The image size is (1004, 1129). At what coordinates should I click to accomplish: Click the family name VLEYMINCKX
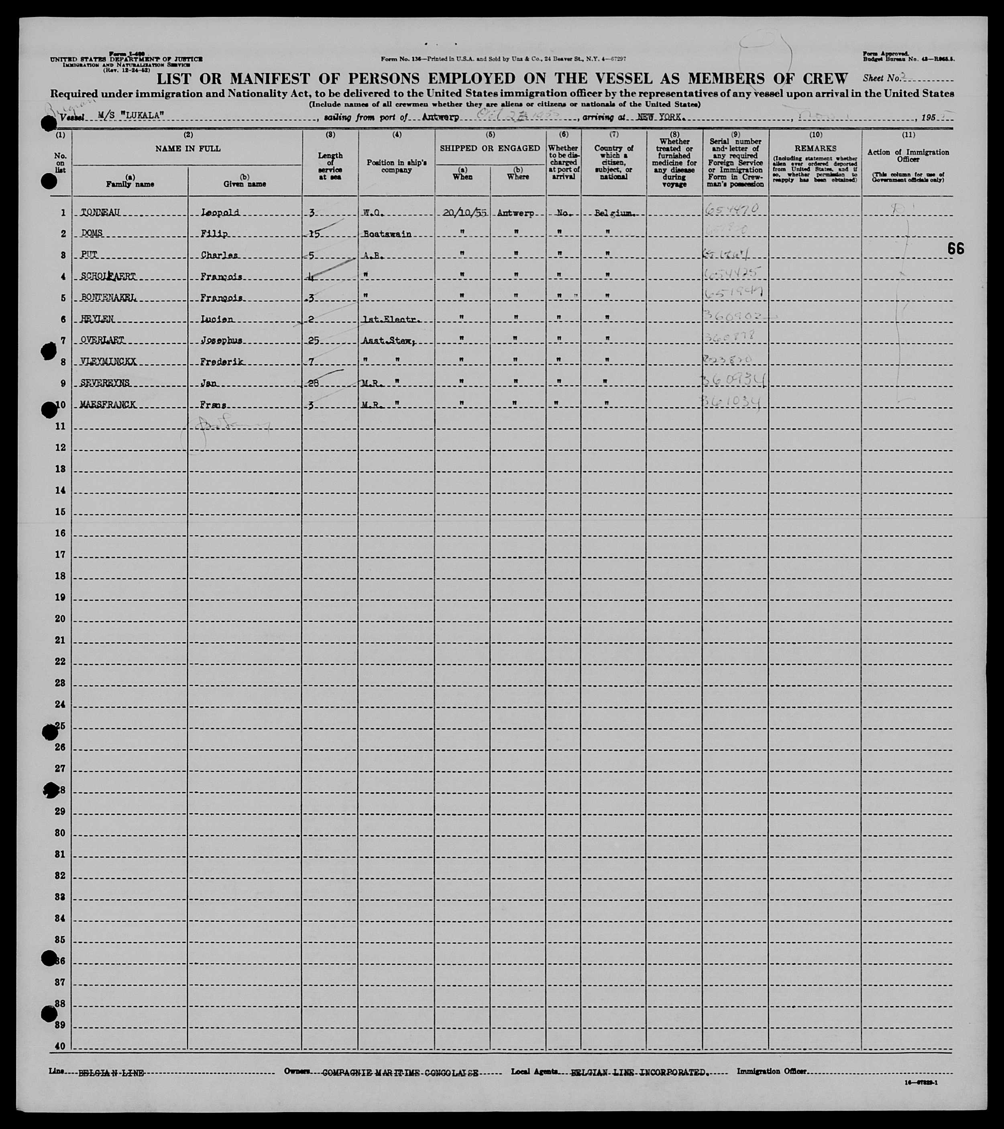point(108,362)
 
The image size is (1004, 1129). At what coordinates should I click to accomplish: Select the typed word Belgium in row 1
point(612,213)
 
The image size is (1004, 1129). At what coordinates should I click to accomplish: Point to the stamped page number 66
point(956,249)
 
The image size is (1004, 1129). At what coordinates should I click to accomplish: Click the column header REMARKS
point(815,149)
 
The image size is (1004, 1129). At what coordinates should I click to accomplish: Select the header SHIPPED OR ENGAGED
point(490,148)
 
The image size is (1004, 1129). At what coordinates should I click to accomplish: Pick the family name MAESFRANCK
point(108,405)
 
